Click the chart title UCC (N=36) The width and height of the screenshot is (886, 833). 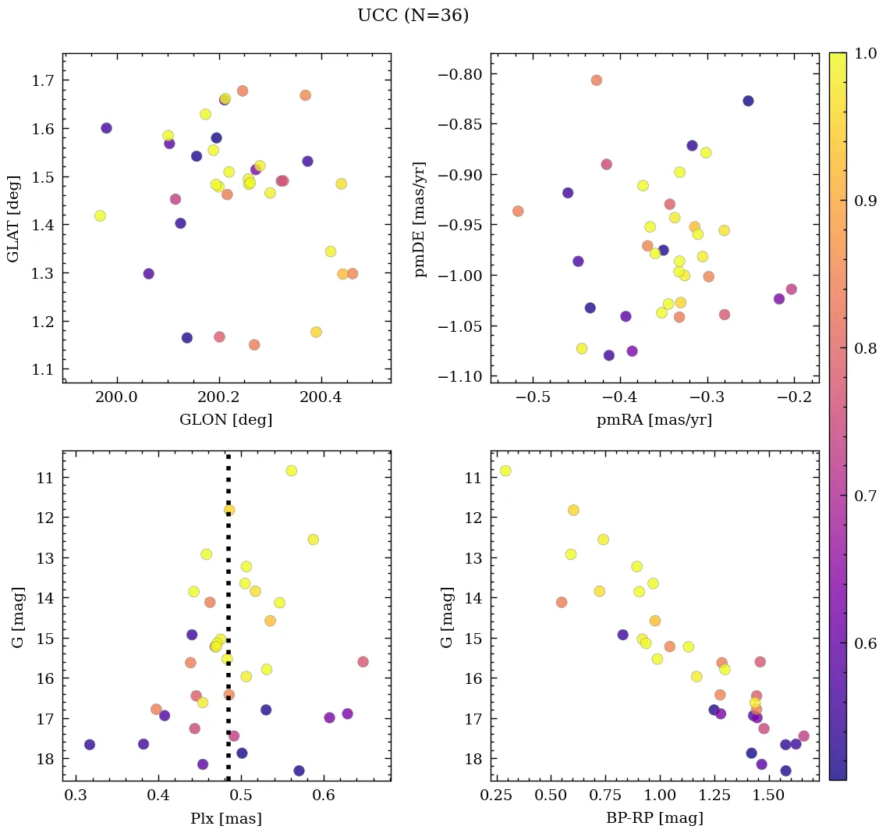[413, 16]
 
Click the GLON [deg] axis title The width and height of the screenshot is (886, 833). [226, 420]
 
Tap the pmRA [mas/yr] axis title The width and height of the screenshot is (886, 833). [654, 420]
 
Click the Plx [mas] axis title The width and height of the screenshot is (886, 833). [226, 818]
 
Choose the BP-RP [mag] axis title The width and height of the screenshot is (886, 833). [654, 818]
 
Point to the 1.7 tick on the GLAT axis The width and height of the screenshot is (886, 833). [44, 80]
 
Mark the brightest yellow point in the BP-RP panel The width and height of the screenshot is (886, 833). [505, 471]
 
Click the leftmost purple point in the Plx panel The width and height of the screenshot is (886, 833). [90, 745]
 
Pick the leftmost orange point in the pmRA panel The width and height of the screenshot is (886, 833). [518, 211]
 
